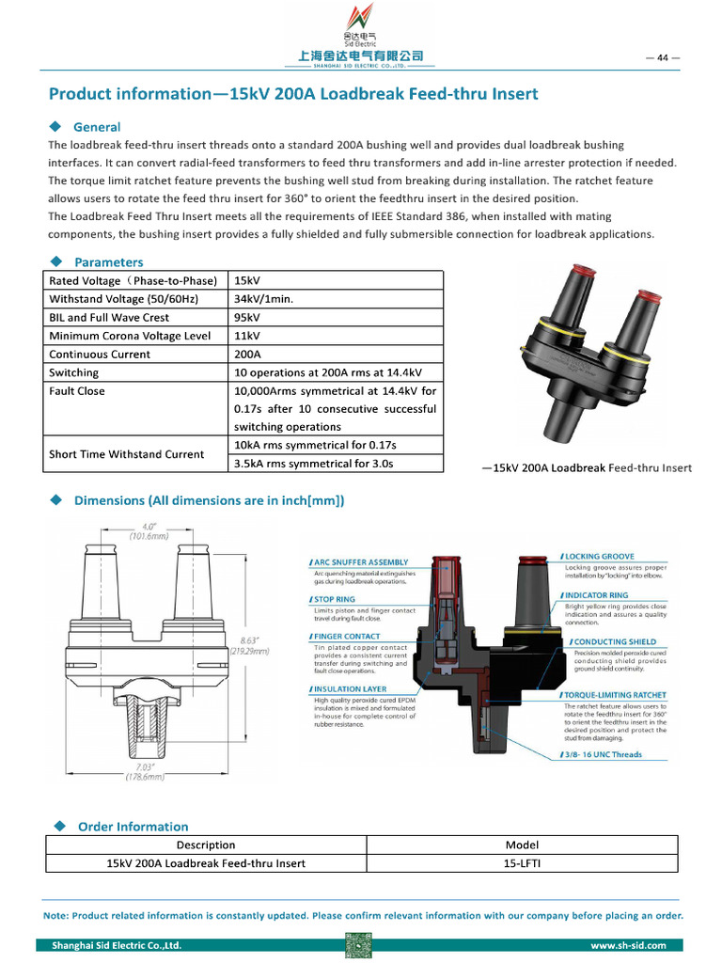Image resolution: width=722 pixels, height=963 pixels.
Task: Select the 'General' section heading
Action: pyautogui.click(x=97, y=127)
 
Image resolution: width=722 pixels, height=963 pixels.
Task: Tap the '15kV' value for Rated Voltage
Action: pyautogui.click(x=247, y=281)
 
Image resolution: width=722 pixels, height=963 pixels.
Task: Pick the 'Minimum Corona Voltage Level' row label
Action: pyautogui.click(x=130, y=336)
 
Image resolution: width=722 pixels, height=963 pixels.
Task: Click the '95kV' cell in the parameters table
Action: pyautogui.click(x=248, y=318)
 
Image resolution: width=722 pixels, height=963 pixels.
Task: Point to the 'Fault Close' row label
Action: pyautogui.click(x=77, y=391)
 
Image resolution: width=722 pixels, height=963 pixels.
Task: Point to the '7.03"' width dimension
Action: pyautogui.click(x=145, y=767)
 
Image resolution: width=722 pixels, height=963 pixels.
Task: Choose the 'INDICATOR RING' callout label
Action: pyautogui.click(x=596, y=595)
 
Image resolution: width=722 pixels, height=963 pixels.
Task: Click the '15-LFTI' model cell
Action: pyautogui.click(x=522, y=863)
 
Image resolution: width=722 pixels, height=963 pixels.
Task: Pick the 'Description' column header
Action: pyautogui.click(x=206, y=845)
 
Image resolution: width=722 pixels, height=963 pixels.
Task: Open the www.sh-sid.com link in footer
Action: pyautogui.click(x=628, y=945)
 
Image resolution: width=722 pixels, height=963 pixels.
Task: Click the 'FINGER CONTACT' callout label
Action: pyautogui.click(x=348, y=637)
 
